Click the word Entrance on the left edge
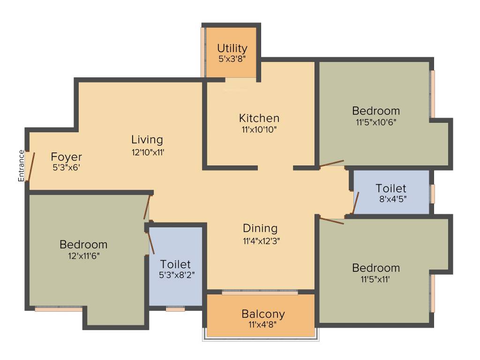click(x=21, y=165)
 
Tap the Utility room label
click(x=232, y=48)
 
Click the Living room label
click(x=147, y=139)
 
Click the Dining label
click(x=260, y=228)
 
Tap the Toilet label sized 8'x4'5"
click(x=391, y=188)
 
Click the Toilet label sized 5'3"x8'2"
click(x=175, y=264)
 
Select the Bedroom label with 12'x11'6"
click(x=83, y=244)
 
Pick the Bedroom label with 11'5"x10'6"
click(x=376, y=111)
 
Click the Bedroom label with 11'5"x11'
click(x=376, y=268)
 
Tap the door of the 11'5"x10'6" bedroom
click(x=331, y=164)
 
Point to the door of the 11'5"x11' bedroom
click(x=332, y=220)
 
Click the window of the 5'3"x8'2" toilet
click(x=175, y=309)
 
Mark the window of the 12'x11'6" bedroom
click(x=59, y=309)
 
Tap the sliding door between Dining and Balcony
click(x=260, y=292)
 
